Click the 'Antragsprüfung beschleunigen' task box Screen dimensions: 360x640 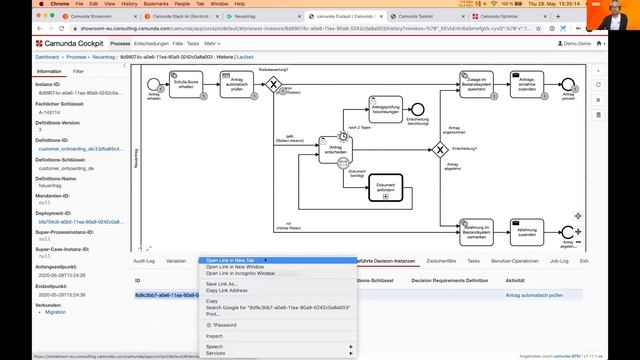pyautogui.click(x=385, y=108)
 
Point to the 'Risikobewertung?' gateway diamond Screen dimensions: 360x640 pyautogui.click(x=272, y=85)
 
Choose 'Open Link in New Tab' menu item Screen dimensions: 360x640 pyautogui.click(x=236, y=260)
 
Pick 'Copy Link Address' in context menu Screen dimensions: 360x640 pyautogui.click(x=227, y=291)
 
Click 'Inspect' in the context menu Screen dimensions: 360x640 pyautogui.click(x=214, y=336)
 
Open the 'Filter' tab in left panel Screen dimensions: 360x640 pyautogui.click(x=78, y=72)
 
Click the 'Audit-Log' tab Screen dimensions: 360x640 pyautogui.click(x=144, y=260)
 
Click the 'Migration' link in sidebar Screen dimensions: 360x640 pyautogui.click(x=55, y=312)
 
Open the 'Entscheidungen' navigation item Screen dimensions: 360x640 pyautogui.click(x=151, y=44)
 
